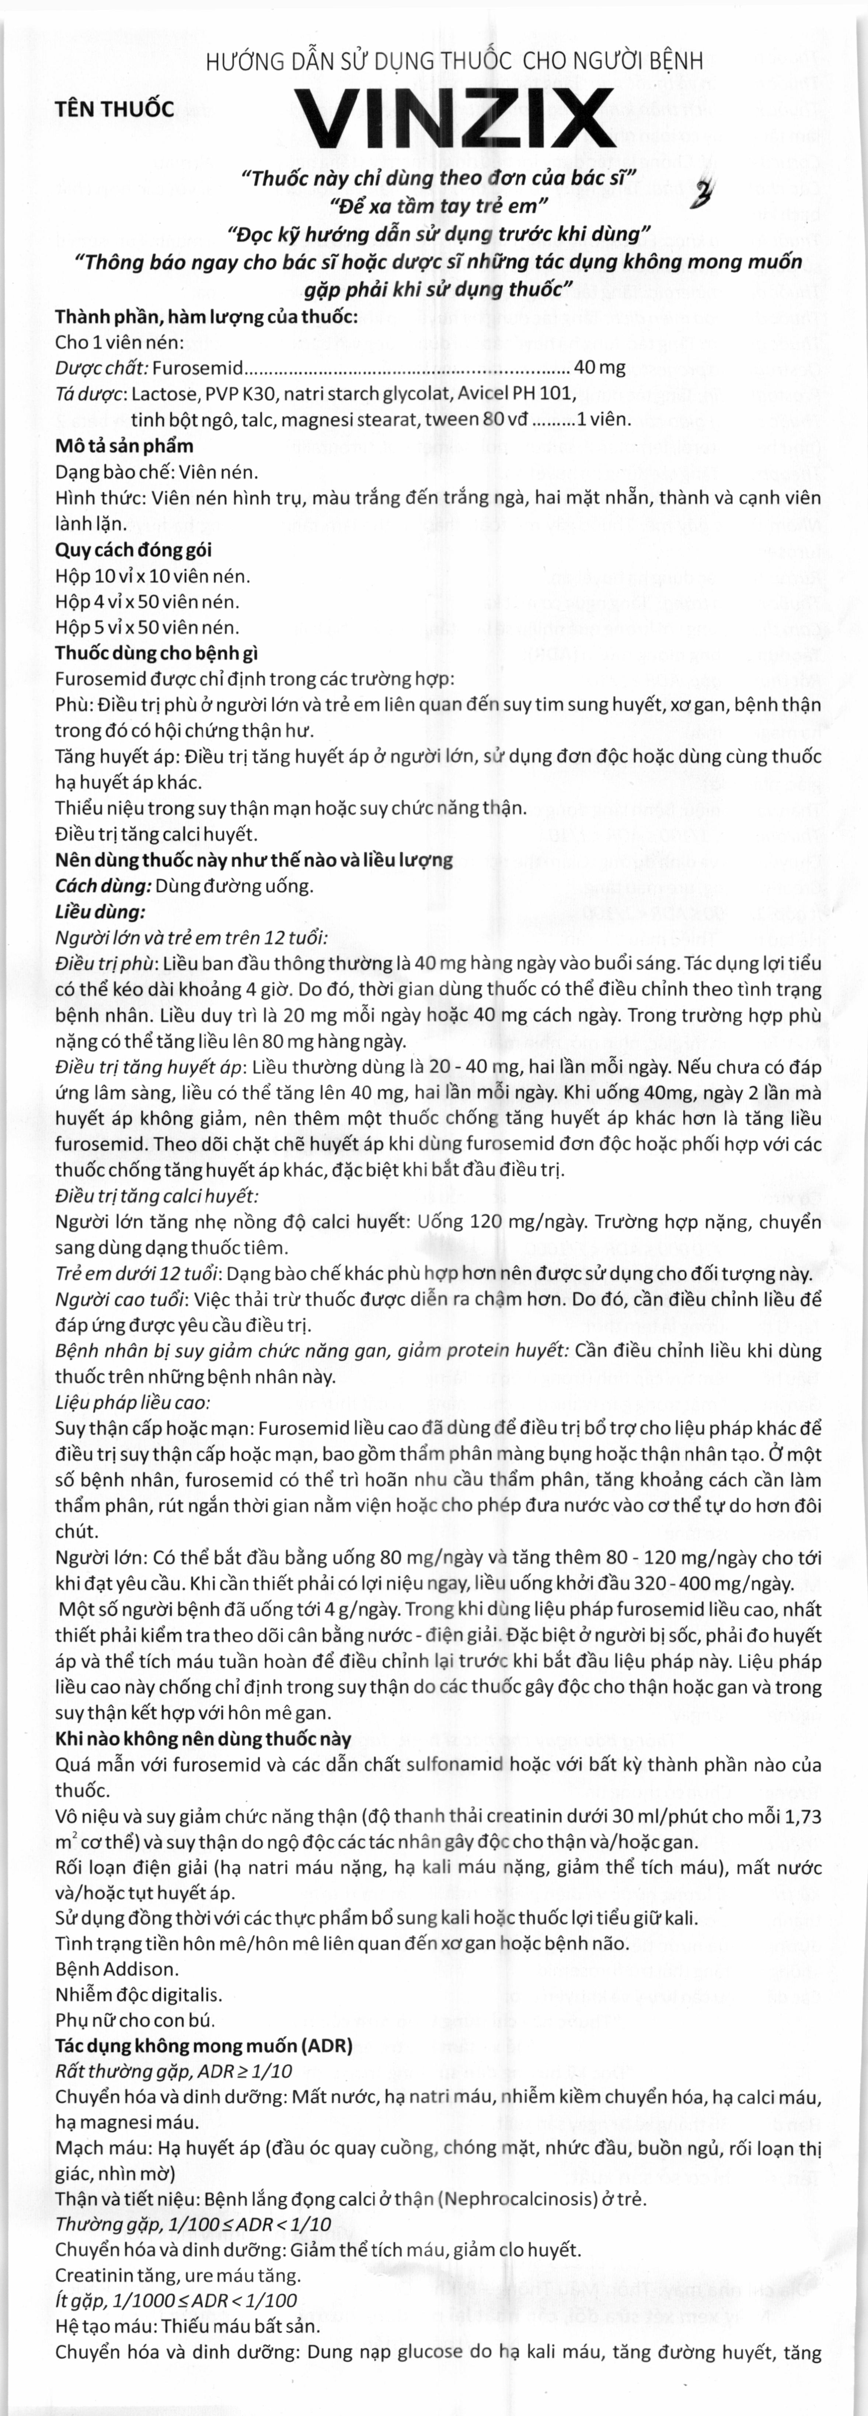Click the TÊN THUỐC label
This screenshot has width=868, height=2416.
115,109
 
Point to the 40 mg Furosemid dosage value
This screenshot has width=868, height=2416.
599,368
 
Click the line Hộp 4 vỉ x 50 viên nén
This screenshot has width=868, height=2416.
147,601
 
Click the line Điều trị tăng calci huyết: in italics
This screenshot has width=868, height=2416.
156,1196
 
